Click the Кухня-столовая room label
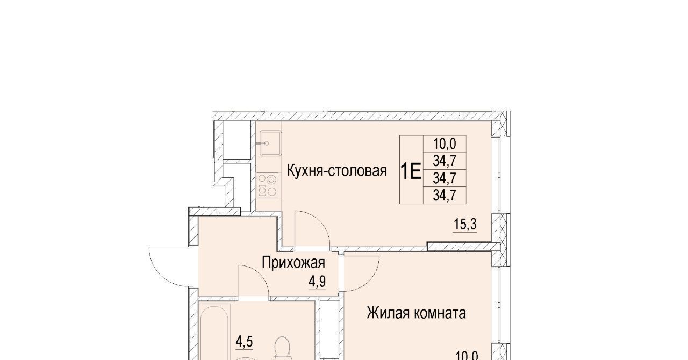point(336,171)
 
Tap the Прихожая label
point(293,263)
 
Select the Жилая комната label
point(416,313)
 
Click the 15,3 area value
point(465,225)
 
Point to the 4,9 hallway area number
point(317,282)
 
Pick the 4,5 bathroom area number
point(244,342)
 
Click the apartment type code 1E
point(411,172)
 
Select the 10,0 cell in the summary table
point(445,143)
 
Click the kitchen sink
point(270,143)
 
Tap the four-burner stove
point(268,185)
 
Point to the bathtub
point(214,332)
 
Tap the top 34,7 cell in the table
point(445,161)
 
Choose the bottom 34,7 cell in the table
point(445,195)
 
